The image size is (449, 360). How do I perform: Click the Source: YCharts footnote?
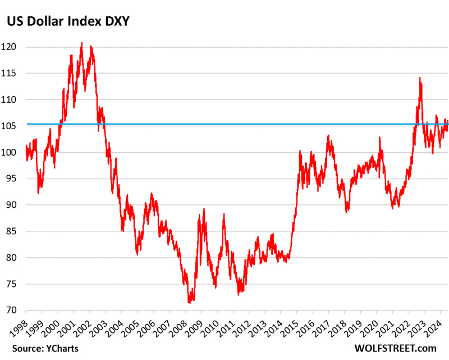pos(43,348)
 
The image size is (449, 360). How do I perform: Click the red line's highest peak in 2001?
pos(82,43)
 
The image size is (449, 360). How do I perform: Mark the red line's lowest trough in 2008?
pos(189,302)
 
